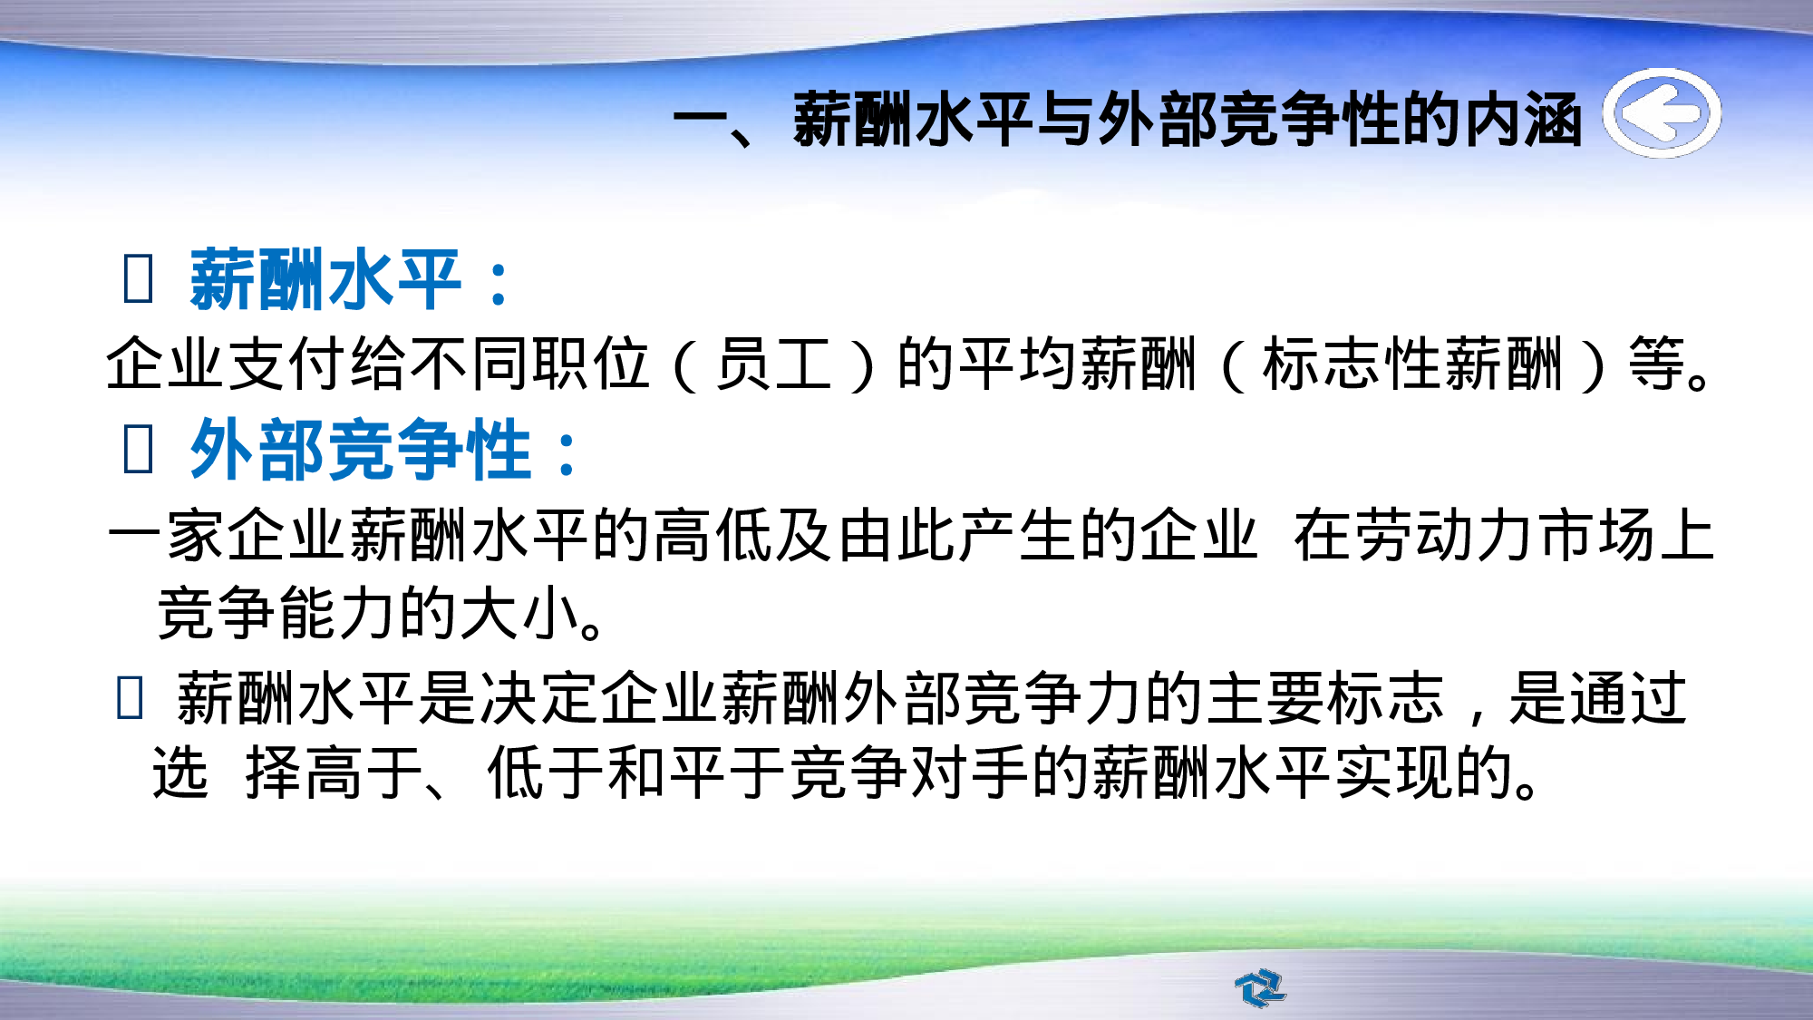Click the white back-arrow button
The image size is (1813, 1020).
pyautogui.click(x=1662, y=113)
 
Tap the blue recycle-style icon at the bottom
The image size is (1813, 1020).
pyautogui.click(x=1260, y=987)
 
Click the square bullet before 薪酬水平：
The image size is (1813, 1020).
pyautogui.click(x=138, y=279)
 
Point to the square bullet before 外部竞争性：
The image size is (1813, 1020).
pyautogui.click(x=138, y=450)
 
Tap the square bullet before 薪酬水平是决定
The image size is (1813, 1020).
pyautogui.click(x=130, y=699)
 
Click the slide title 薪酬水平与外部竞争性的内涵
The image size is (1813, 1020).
pyautogui.click(x=1188, y=119)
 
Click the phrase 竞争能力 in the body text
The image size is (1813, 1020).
pyautogui.click(x=276, y=614)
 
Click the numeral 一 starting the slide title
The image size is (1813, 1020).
pyautogui.click(x=701, y=119)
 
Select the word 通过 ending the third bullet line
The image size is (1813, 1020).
pyautogui.click(x=1627, y=699)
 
